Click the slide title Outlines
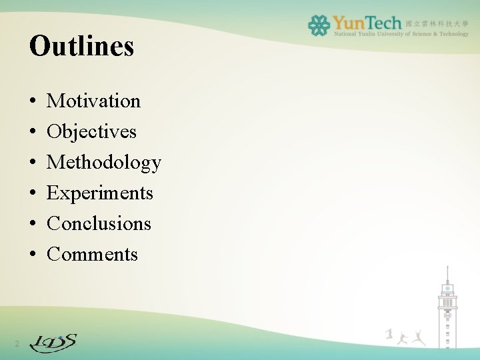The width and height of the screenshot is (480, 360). tap(81, 46)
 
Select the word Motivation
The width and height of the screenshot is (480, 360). tap(94, 101)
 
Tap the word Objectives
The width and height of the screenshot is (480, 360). tap(91, 131)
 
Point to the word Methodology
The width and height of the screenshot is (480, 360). tap(104, 162)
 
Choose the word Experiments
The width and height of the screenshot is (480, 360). tap(100, 193)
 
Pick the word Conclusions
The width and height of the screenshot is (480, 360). tap(99, 223)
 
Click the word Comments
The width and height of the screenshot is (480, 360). tap(92, 254)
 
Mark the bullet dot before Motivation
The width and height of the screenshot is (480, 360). tap(33, 101)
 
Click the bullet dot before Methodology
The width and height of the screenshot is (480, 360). tap(33, 163)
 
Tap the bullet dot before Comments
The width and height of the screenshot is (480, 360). tap(33, 255)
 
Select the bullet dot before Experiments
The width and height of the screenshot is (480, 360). tap(33, 193)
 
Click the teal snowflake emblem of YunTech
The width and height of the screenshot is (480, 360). tap(319, 25)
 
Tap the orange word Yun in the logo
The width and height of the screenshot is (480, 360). tap(351, 23)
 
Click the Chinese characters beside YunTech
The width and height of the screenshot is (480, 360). tap(437, 22)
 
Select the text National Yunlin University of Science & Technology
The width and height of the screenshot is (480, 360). tap(400, 34)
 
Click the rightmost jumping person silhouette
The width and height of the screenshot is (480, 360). tap(419, 337)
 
